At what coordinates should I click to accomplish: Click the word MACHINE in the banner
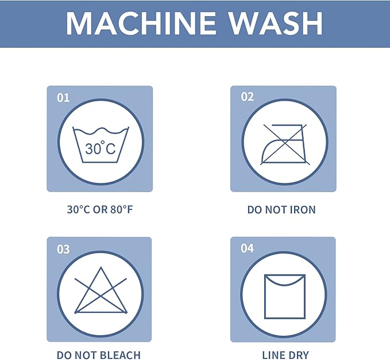tap(141, 23)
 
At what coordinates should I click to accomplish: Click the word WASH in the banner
tap(276, 23)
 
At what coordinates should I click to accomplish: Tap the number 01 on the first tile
tap(63, 98)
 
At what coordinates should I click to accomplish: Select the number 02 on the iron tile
tap(247, 97)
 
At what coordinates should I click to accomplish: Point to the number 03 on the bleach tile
tap(63, 249)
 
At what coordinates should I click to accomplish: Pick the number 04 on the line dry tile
tap(247, 248)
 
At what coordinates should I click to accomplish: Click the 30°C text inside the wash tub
tap(101, 148)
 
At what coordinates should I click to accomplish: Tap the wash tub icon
tap(101, 145)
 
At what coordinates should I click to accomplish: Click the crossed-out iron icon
tap(285, 144)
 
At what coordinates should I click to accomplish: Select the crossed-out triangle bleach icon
tap(101, 290)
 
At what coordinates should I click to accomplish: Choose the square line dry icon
tap(285, 297)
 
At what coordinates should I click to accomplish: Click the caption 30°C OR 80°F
tap(100, 209)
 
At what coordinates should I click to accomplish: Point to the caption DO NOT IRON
tap(281, 210)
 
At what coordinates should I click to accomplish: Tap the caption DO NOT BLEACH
tap(99, 355)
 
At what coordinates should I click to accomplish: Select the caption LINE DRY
tap(285, 355)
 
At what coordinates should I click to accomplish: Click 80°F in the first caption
tap(122, 209)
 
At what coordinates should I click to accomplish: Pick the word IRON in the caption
tap(303, 210)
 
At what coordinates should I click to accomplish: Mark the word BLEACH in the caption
tap(121, 355)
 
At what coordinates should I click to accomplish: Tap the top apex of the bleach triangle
tap(101, 267)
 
